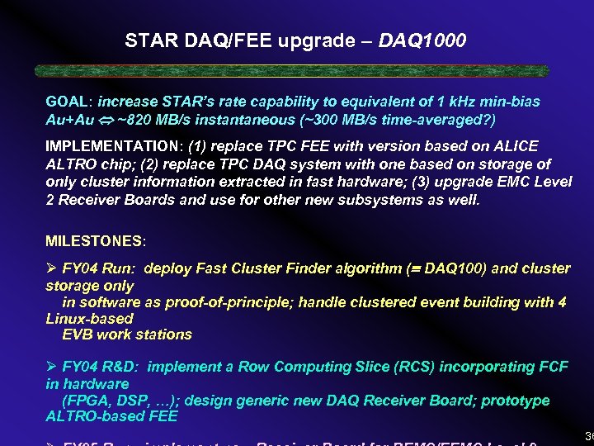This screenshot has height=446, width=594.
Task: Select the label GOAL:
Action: [69, 102]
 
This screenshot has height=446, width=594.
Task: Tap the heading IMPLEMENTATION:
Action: [114, 146]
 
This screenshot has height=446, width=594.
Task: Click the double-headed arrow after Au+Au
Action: [106, 120]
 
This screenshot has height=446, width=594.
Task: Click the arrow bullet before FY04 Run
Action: [51, 268]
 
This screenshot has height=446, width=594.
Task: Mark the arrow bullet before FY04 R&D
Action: [51, 367]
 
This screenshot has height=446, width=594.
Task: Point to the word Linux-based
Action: [89, 318]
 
